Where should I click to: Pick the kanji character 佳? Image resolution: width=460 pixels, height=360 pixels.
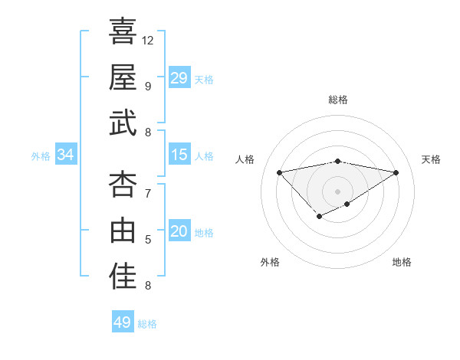[123, 277]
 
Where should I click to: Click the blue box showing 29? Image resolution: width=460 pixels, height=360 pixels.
[179, 78]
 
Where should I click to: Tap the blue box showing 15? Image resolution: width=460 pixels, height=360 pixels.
[179, 155]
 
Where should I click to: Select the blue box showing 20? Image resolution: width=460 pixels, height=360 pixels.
[179, 232]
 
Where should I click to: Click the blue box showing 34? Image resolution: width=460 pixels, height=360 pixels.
[66, 155]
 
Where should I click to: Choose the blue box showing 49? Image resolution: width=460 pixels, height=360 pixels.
[122, 322]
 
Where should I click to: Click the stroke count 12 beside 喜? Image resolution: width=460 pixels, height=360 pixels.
[148, 40]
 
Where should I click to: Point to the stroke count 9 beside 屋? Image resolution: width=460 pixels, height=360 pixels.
[148, 86]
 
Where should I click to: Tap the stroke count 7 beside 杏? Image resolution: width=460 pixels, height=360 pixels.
[148, 193]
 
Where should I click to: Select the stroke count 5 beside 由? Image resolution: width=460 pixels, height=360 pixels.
[148, 240]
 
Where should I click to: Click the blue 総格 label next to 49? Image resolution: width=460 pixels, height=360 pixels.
[147, 324]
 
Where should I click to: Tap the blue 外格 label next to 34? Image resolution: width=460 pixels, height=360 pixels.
[41, 156]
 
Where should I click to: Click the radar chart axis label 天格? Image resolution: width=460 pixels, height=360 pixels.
[431, 159]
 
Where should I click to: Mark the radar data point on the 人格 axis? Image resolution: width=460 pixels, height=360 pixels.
[279, 172]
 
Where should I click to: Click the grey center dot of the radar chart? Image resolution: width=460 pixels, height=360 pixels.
[337, 190]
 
